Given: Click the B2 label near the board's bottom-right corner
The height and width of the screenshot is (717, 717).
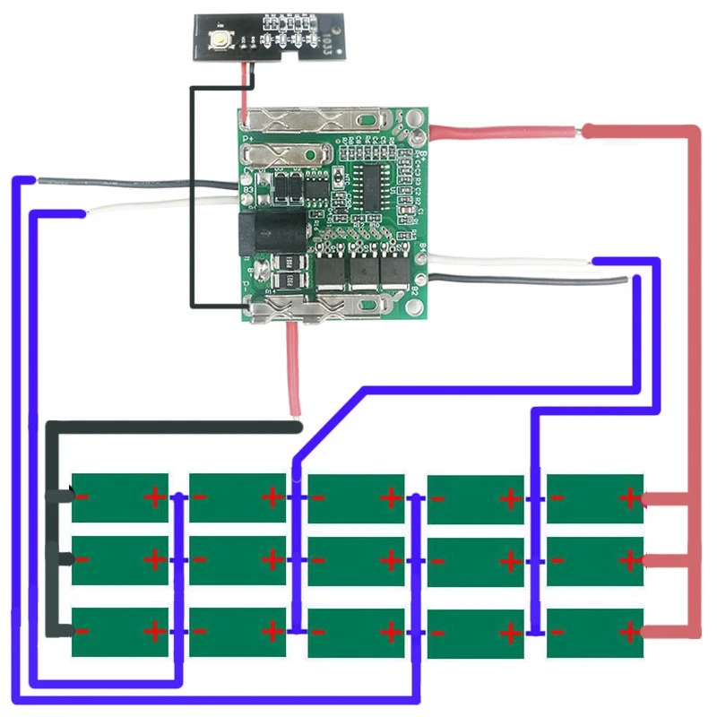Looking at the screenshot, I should pos(415,289).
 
